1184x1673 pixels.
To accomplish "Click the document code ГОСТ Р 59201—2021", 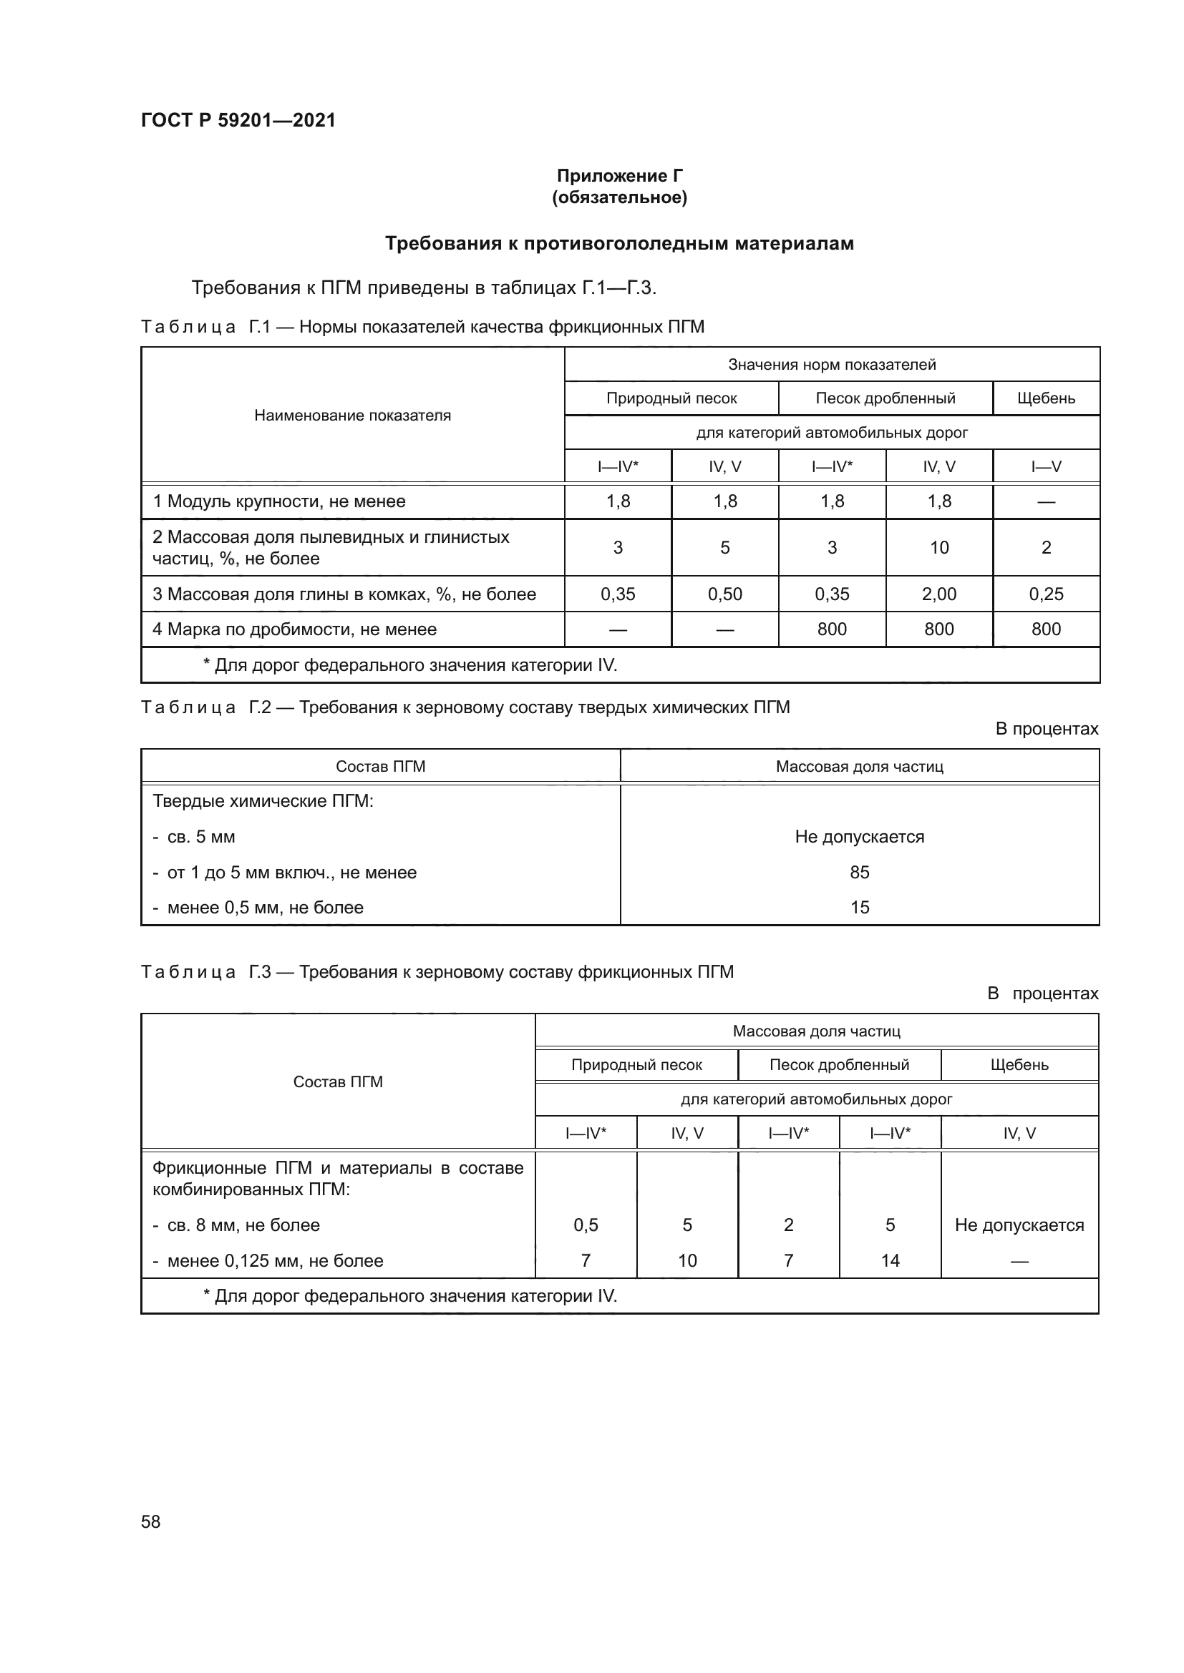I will click(x=238, y=120).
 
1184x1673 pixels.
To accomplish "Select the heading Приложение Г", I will click(x=619, y=176).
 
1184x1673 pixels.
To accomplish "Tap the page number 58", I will click(x=150, y=1521).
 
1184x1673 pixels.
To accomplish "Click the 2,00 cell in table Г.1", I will click(x=938, y=594).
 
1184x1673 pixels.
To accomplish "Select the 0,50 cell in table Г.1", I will click(x=724, y=594).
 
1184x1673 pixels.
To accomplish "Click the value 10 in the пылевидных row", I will click(x=938, y=547).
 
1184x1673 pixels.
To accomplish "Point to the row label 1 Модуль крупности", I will click(x=278, y=501).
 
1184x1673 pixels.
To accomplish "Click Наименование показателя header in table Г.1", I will click(x=352, y=416).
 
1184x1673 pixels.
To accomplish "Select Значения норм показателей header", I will click(x=831, y=364).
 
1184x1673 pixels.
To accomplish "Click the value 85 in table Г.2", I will click(x=859, y=872).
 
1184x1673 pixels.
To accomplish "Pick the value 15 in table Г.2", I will click(x=859, y=907).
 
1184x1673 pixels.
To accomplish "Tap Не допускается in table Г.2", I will click(x=859, y=837).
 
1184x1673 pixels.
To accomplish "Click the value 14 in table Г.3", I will click(x=890, y=1260).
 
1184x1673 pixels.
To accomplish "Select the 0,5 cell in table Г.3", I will click(x=586, y=1225).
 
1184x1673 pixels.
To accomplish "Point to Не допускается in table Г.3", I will click(x=1019, y=1225).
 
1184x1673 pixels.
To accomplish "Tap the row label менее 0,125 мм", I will click(x=274, y=1260).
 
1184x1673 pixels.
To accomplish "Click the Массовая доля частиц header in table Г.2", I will click(x=859, y=767).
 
